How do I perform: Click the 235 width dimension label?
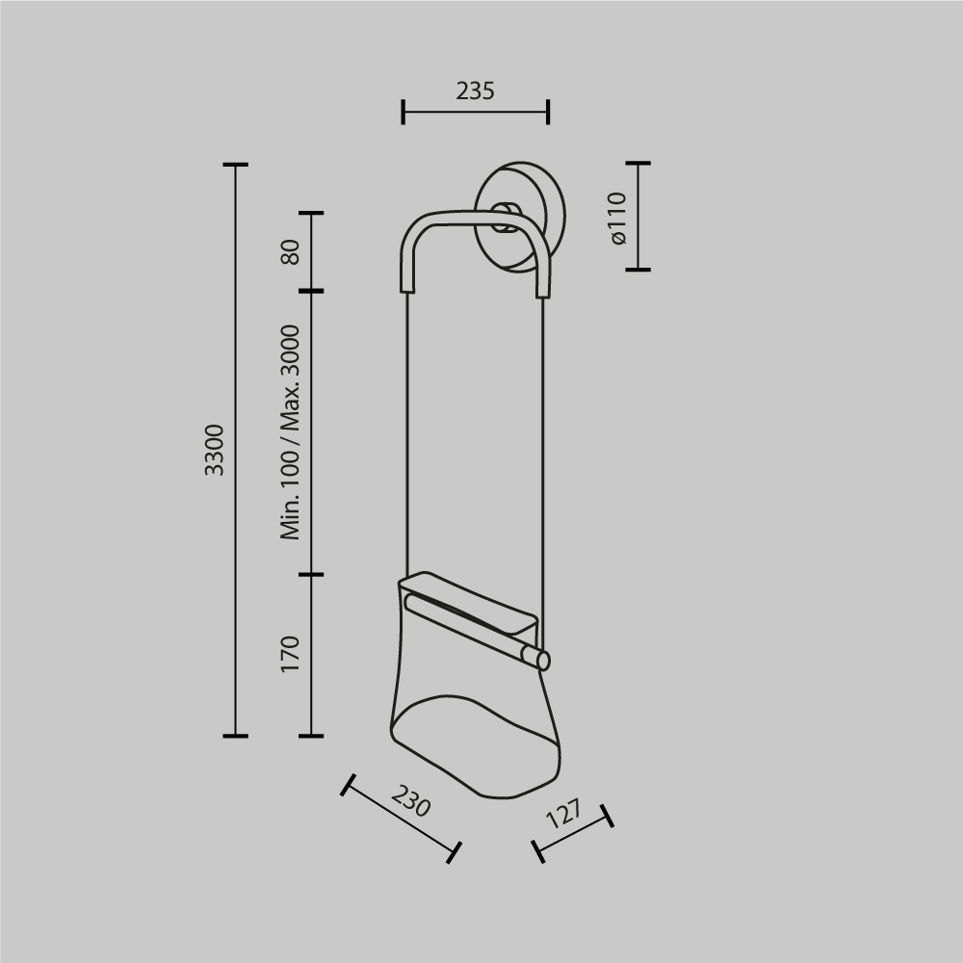click(x=475, y=91)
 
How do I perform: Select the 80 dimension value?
click(x=291, y=251)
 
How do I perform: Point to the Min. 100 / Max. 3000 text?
click(x=291, y=432)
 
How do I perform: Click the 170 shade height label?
click(x=291, y=655)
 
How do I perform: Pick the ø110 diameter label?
click(x=617, y=217)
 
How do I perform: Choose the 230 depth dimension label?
click(x=411, y=801)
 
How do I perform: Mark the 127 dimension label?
click(x=564, y=815)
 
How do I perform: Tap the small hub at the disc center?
click(x=504, y=217)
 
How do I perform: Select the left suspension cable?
click(x=407, y=433)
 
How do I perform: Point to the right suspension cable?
click(x=543, y=462)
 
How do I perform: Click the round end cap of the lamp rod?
click(x=543, y=661)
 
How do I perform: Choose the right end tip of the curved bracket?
click(x=543, y=291)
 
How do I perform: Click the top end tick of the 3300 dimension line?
click(x=236, y=165)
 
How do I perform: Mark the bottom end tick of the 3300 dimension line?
click(x=236, y=736)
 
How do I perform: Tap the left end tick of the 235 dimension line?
click(x=403, y=111)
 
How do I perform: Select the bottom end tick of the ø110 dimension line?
click(x=638, y=270)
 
